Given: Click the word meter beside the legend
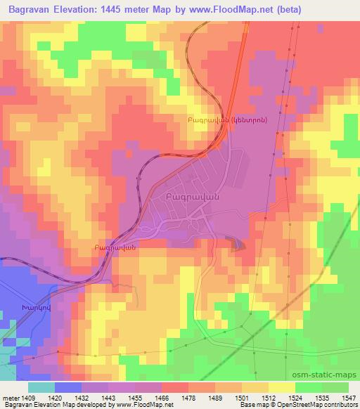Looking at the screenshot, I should pyautogui.click(x=11, y=397).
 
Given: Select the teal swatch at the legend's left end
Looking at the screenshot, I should pyautogui.click(x=41, y=387).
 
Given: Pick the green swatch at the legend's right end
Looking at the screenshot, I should pyautogui.click(x=334, y=387).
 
